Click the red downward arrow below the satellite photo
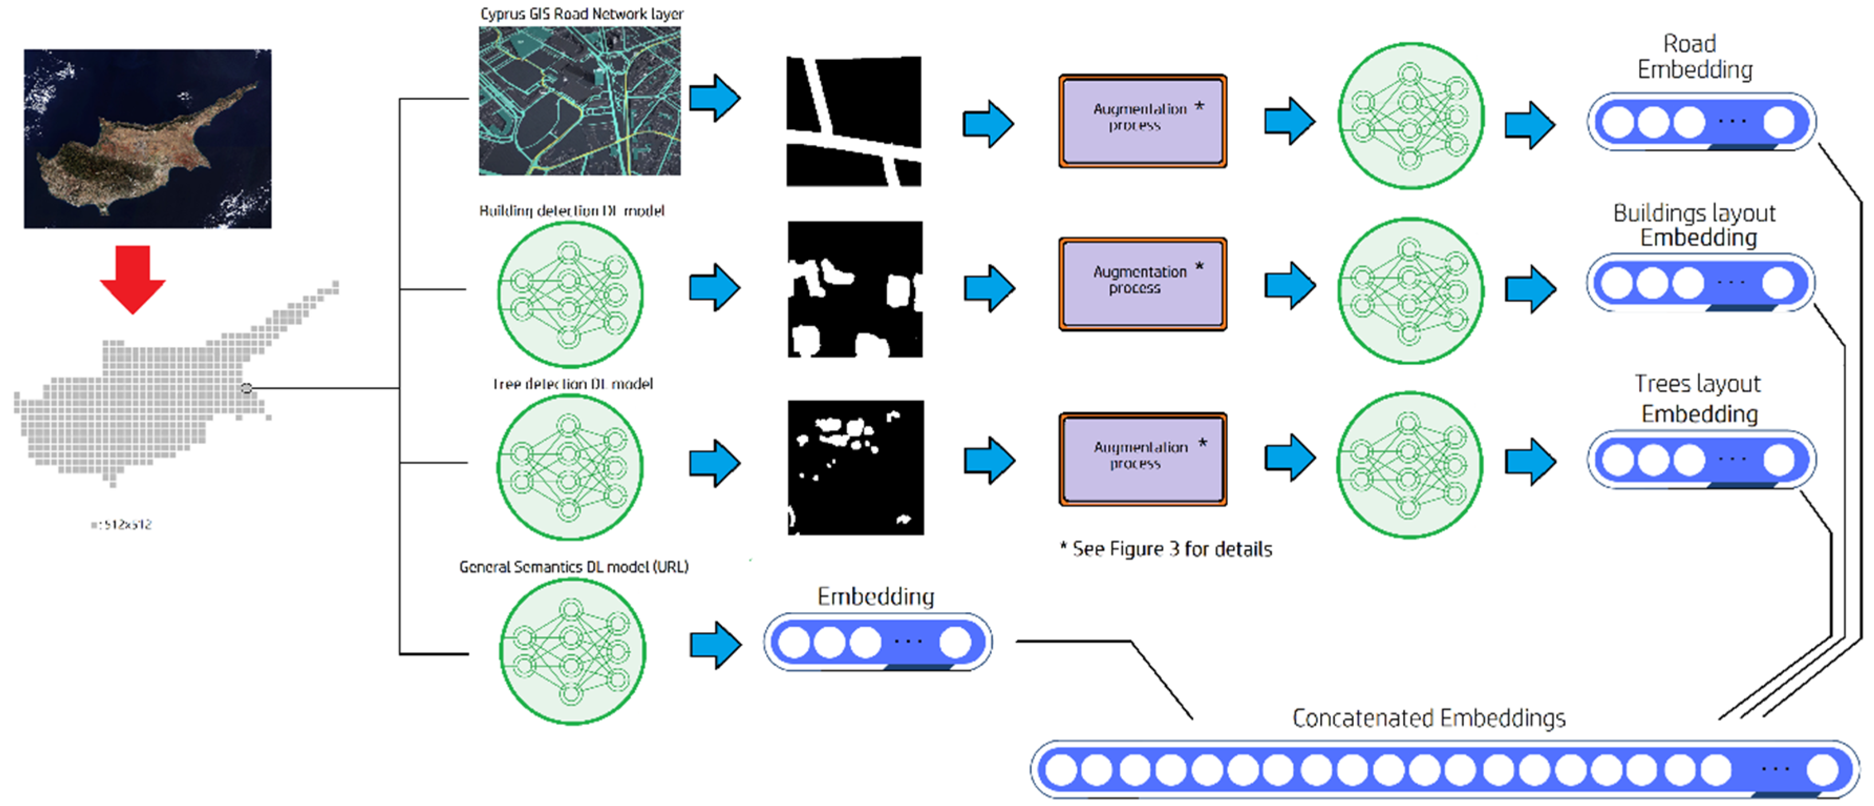coord(132,278)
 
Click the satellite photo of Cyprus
coord(148,138)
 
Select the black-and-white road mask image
coord(853,121)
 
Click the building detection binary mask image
coord(855,289)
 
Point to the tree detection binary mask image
coord(855,467)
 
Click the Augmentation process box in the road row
coord(1142,121)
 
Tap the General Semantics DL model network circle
coord(573,650)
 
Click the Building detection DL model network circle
coord(570,294)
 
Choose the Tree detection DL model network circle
coord(570,467)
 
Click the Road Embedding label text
coord(1694,57)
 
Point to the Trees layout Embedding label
coord(1698,398)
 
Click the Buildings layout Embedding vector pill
coord(1700,282)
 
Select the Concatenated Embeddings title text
coord(1428,718)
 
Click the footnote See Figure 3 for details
coord(1166,549)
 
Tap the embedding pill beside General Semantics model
coord(877,642)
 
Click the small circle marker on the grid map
coord(247,388)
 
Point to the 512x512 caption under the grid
coord(122,524)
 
